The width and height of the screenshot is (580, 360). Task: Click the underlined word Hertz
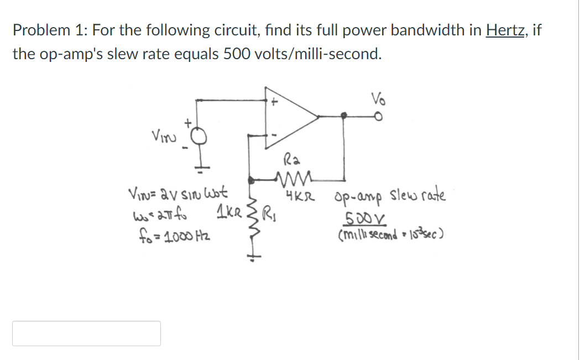506,30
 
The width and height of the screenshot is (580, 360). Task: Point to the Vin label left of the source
161,134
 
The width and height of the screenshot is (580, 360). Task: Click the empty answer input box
87,333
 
